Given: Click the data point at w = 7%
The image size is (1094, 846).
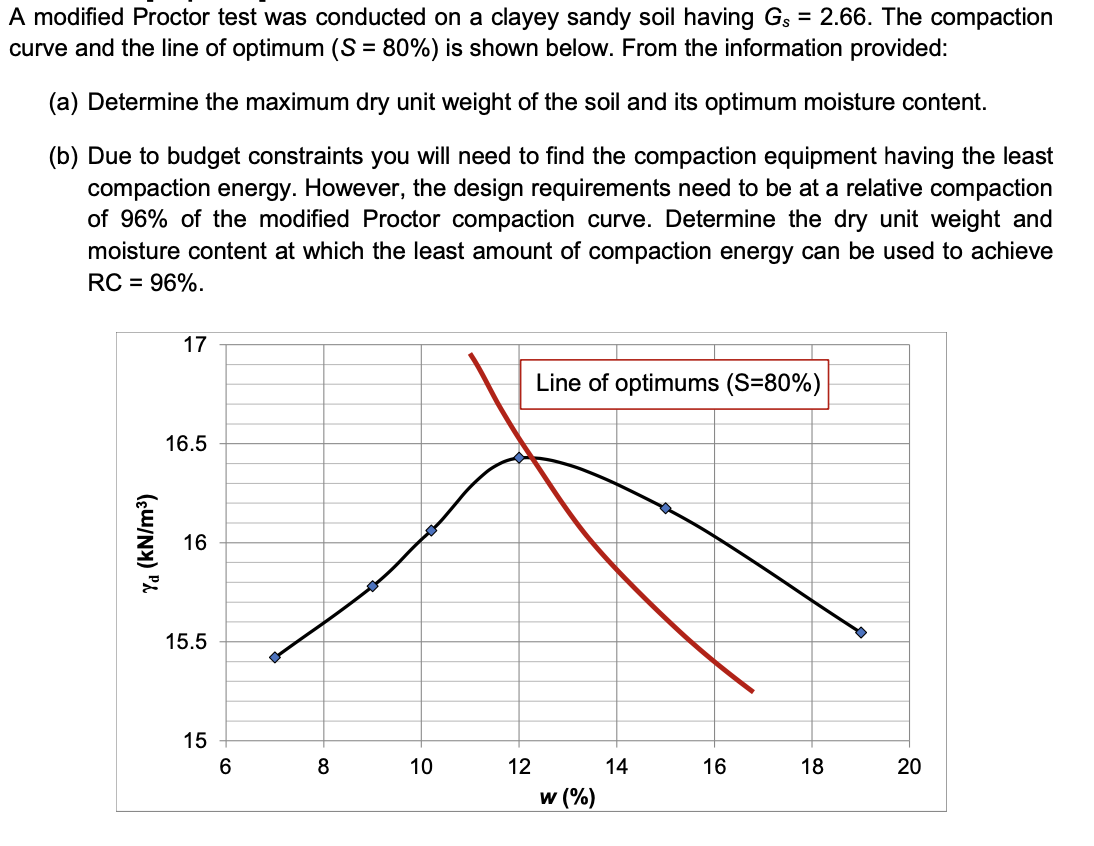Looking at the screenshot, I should pos(275,657).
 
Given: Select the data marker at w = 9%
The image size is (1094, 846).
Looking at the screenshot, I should pos(372,586).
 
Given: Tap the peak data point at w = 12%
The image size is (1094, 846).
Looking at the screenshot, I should pos(519,458).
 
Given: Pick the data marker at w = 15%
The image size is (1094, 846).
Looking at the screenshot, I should pos(665,508).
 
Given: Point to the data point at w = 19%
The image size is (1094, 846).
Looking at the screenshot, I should pos(860,632).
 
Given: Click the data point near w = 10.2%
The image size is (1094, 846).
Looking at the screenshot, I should pos(431,530).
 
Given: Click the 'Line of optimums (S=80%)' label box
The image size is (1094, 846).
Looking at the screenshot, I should pos(675,384).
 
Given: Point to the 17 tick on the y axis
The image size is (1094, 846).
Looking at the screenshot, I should pos(194,346).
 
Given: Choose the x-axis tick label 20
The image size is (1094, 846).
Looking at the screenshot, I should pos(909,768).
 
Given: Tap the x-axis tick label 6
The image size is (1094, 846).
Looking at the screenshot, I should pos(226,768).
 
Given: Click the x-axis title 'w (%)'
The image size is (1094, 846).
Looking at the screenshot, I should pos(566,797).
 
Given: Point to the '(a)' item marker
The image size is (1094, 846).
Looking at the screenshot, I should pos(66,102).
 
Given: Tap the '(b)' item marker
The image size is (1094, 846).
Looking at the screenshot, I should pos(66,157).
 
